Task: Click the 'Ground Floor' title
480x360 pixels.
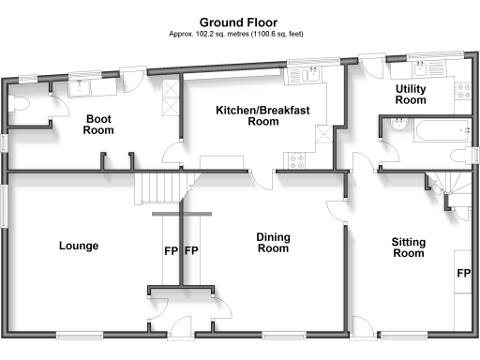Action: click(239, 21)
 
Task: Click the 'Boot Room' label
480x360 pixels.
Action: click(99, 124)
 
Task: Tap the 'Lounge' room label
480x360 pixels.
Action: click(79, 246)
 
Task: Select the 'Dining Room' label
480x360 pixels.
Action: click(272, 244)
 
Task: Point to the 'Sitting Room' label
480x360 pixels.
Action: click(408, 247)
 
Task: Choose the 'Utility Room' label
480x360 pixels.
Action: click(411, 94)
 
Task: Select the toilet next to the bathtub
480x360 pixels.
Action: click(458, 155)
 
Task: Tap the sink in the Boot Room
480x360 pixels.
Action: click(79, 87)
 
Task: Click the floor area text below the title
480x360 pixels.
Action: click(239, 34)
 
